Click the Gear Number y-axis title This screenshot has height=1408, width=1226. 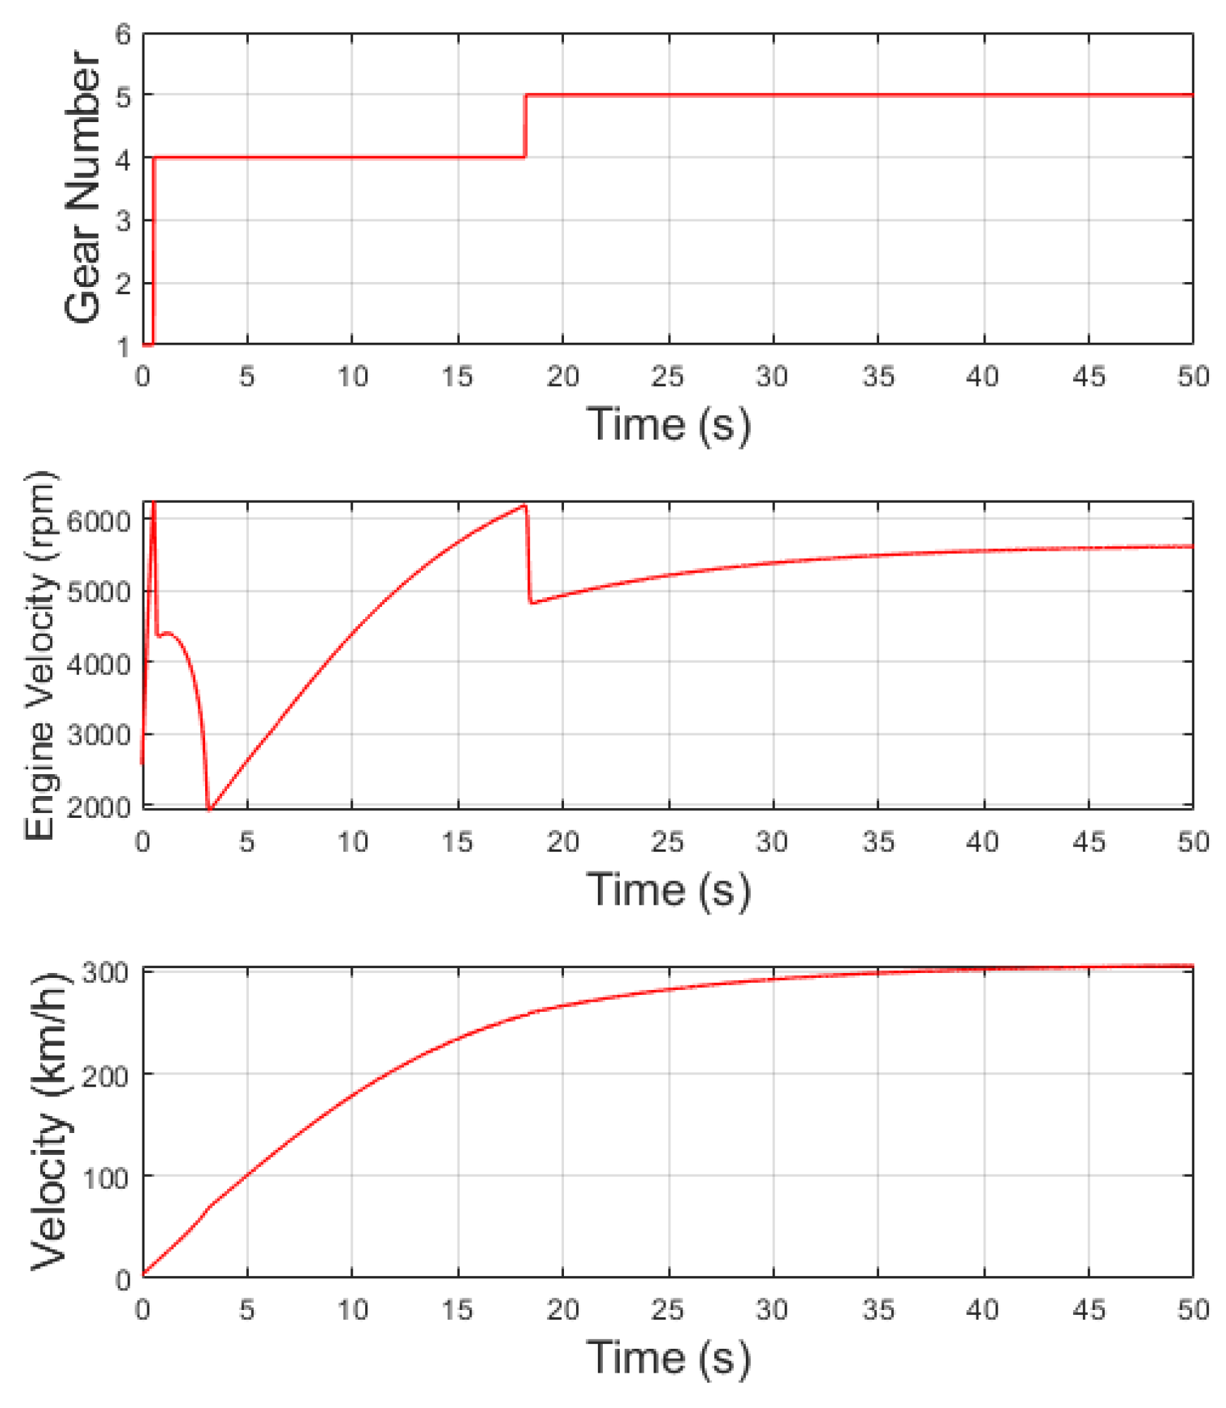[x=83, y=188]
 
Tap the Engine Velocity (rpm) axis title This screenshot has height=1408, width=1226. [x=40, y=656]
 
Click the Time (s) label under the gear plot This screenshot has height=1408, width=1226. [x=668, y=424]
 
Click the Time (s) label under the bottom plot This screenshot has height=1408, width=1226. [x=668, y=1357]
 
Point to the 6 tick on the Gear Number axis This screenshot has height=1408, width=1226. [x=123, y=34]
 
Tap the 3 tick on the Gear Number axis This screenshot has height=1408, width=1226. [x=123, y=221]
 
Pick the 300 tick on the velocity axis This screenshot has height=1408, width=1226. [x=106, y=973]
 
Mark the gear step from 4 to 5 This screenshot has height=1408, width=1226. [x=525, y=126]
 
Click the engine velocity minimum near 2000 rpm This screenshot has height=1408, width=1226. [x=209, y=809]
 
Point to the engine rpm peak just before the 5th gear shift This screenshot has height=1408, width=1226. [x=524, y=506]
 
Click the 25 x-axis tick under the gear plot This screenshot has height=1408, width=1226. [x=668, y=377]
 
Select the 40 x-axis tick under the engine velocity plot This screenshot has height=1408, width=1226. [x=983, y=842]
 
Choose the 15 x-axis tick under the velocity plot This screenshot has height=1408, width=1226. [x=458, y=1310]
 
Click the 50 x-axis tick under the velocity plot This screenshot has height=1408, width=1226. [x=1193, y=1310]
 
